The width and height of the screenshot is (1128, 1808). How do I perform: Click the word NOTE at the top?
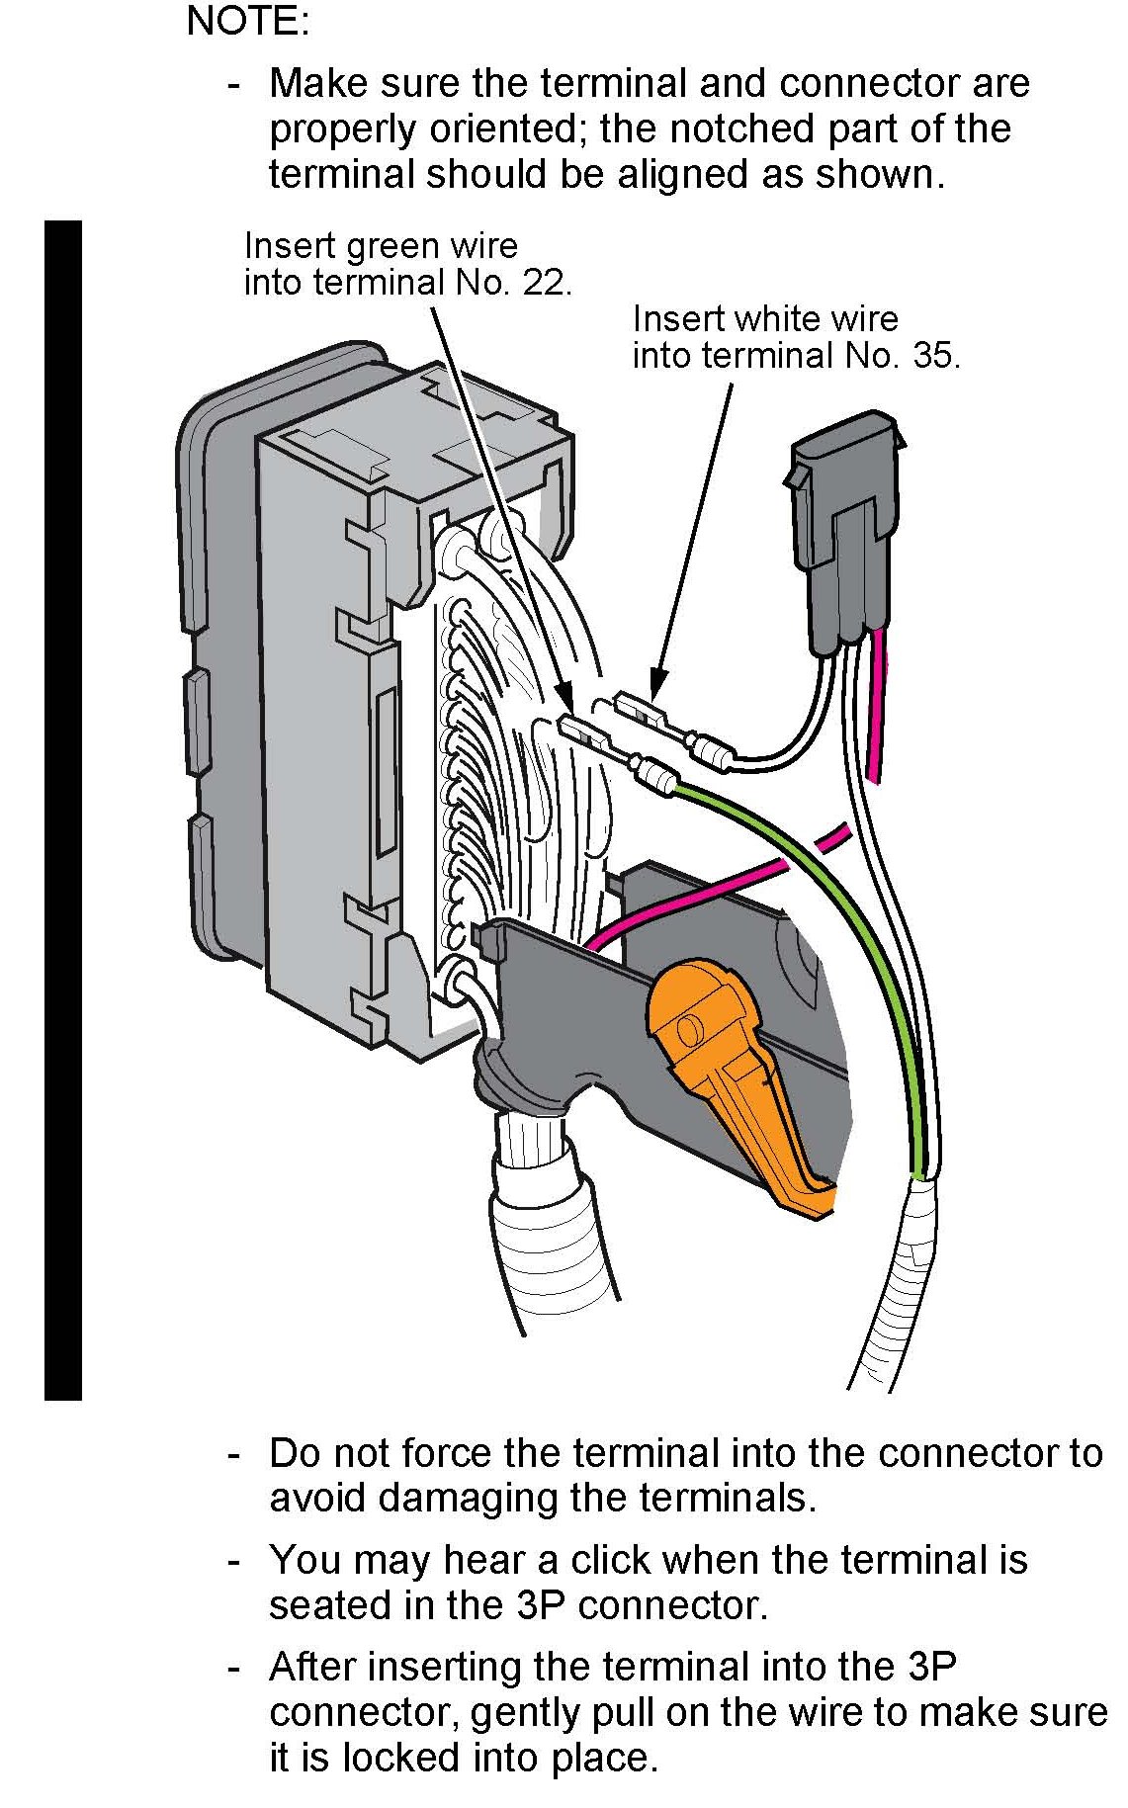pyautogui.click(x=247, y=21)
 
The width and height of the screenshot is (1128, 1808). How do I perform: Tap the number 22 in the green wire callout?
pyautogui.click(x=548, y=283)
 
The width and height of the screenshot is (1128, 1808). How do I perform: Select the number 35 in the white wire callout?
pyautogui.click(x=935, y=355)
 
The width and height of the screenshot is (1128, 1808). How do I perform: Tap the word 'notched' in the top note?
pyautogui.click(x=741, y=129)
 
